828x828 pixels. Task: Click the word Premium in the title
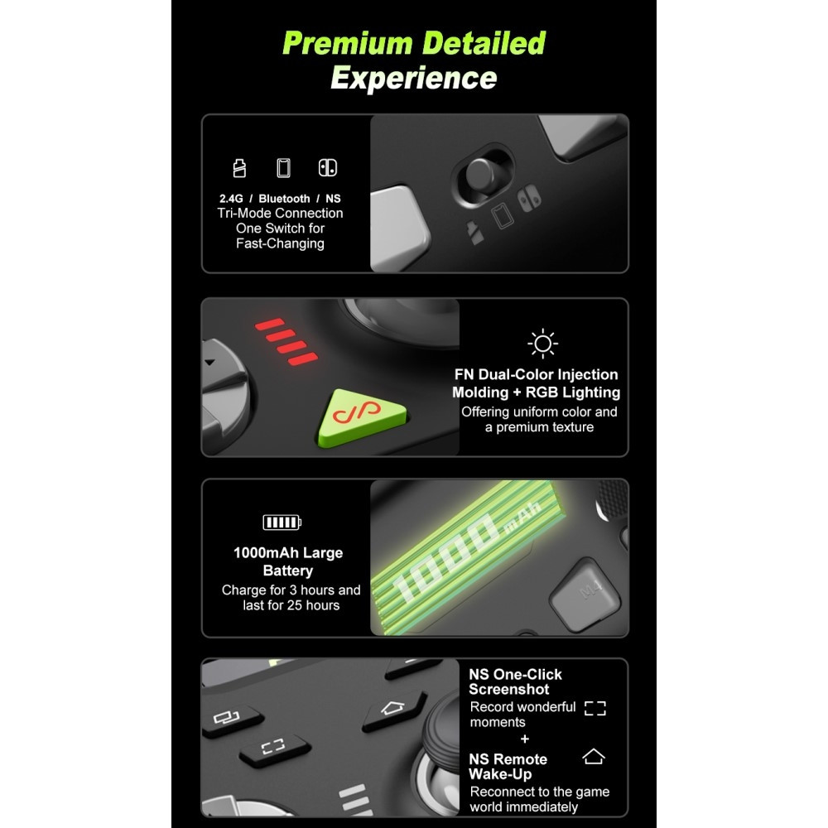[x=348, y=44]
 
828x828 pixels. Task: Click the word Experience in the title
[x=414, y=78]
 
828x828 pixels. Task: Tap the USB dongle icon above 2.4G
[x=239, y=168]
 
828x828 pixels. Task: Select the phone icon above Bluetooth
[x=283, y=168]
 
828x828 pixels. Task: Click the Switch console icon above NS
[x=327, y=168]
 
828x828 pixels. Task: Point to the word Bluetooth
[x=284, y=199]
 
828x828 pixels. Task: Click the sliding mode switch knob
[x=480, y=176]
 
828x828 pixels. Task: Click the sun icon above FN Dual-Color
[x=542, y=344]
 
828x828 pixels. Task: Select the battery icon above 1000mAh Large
[x=282, y=522]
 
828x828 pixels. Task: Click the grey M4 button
[x=585, y=595]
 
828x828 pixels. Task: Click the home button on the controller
[x=392, y=710]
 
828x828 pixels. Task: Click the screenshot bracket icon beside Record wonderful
[x=595, y=709]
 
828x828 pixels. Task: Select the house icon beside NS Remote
[x=594, y=757]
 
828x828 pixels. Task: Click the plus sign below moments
[x=524, y=739]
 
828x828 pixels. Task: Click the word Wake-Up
[x=500, y=775]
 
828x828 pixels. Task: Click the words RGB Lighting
[x=573, y=392]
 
